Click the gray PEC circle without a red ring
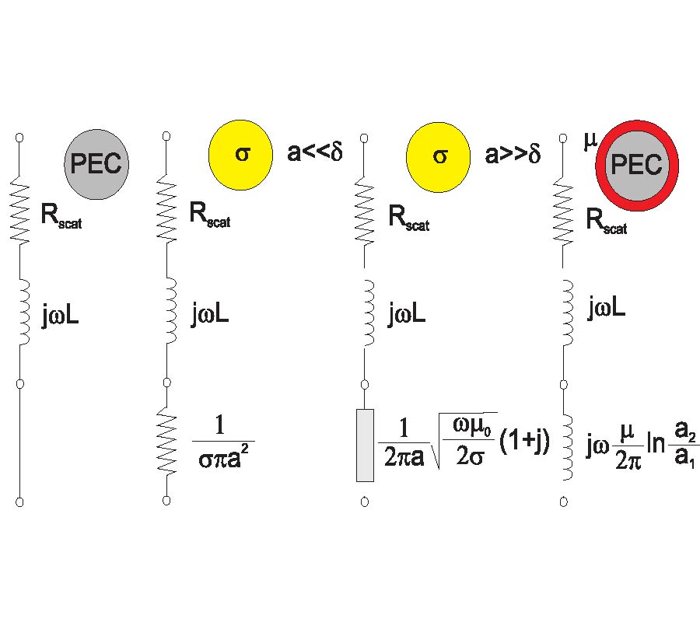point(96,162)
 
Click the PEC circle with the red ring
point(637,165)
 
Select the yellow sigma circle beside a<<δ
point(240,153)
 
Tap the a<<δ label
point(314,152)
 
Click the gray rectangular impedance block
point(365,444)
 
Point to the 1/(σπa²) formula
point(224,444)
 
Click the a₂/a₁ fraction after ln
point(685,449)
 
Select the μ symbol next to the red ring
point(589,141)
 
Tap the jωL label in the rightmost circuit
point(607,309)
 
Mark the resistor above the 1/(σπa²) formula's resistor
point(166,211)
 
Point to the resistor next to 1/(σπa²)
point(166,443)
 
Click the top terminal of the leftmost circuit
point(19,137)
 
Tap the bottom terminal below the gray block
point(364,502)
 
